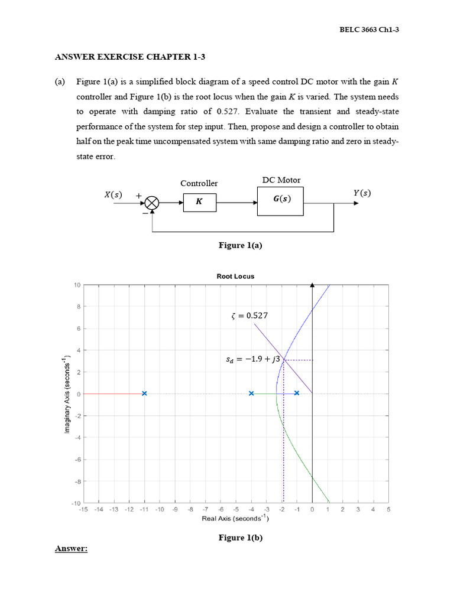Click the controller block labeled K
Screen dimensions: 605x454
[x=199, y=201]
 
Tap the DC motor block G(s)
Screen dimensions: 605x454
[x=280, y=200]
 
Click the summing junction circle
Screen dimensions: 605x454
[x=152, y=203]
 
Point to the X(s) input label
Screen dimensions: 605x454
[x=113, y=194]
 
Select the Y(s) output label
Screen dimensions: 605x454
[x=361, y=193]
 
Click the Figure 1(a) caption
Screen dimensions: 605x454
[x=240, y=246]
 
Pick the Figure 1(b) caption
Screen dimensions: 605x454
[x=240, y=537]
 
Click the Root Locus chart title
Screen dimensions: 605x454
[x=235, y=276]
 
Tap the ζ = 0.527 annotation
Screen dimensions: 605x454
[x=249, y=315]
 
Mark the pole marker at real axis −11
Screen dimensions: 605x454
[x=144, y=393]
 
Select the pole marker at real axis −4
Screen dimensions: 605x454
[x=251, y=393]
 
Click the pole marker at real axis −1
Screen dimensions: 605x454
[x=297, y=393]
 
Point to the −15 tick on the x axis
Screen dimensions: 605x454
[x=83, y=509]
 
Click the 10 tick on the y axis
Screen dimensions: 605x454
[x=77, y=285]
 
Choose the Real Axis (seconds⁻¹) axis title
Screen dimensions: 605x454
[x=235, y=519]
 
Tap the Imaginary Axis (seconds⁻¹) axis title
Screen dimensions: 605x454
[x=66, y=393]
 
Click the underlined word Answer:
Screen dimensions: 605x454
[x=71, y=549]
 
